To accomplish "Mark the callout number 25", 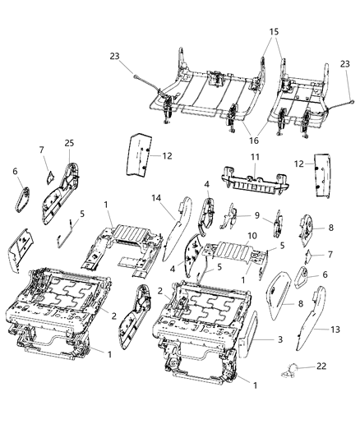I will (68, 143).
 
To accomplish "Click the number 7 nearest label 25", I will (42, 149).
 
